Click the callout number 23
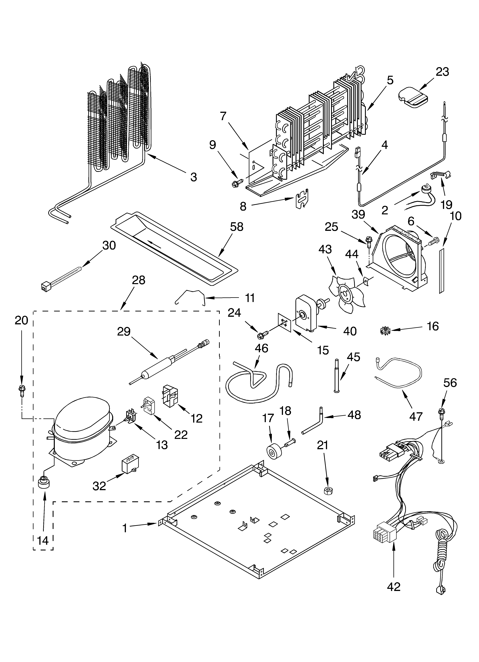coord(442,72)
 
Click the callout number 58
coord(237,227)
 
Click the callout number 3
coord(193,177)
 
